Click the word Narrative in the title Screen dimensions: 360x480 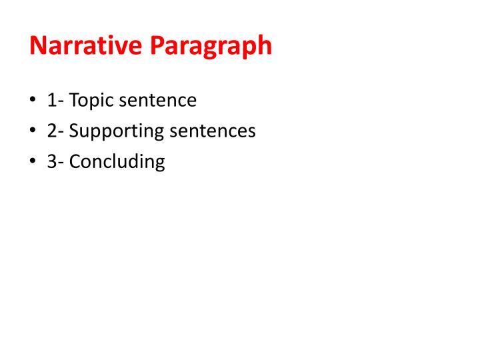[87, 46]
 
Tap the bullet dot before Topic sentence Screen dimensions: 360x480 [32, 101]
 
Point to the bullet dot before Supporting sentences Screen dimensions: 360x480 [32, 131]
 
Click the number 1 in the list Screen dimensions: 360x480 [51, 101]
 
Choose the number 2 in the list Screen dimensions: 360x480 [51, 131]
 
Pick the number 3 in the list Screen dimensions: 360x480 [51, 161]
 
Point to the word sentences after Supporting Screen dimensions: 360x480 [213, 131]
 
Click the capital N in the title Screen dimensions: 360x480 [39, 46]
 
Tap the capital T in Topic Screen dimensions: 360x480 [73, 101]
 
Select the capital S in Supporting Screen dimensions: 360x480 [74, 131]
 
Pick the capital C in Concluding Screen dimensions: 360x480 [75, 161]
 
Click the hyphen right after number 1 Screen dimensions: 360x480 [60, 103]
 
